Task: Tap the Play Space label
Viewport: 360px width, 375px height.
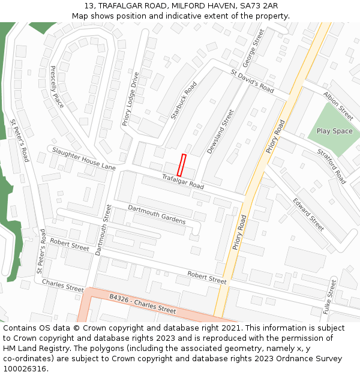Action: tap(334, 131)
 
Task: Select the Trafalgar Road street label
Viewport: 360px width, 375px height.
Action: tap(182, 181)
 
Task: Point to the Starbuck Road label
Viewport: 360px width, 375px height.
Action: tap(184, 101)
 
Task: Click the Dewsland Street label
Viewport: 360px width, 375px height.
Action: tap(220, 131)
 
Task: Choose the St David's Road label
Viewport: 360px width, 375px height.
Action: tap(252, 81)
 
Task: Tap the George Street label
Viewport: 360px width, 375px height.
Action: tap(253, 49)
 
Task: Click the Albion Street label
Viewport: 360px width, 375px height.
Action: tap(338, 106)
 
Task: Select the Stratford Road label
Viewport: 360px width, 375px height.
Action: tap(332, 166)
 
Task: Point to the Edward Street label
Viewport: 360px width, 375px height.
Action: tap(308, 214)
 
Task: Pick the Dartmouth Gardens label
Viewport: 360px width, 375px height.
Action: tap(157, 214)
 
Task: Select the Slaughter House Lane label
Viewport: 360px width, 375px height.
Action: tap(83, 158)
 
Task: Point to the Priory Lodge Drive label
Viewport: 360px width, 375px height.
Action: tap(130, 99)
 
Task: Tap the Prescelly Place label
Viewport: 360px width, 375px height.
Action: tap(57, 87)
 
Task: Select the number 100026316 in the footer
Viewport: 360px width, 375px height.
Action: tap(25, 368)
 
